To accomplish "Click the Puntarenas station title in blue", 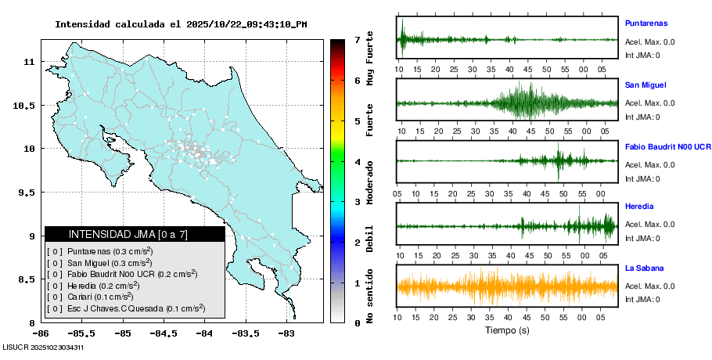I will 646,23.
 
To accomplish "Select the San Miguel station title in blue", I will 645,85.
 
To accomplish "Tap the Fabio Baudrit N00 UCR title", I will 667,146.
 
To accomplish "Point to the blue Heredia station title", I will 639,207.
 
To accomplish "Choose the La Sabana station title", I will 644,268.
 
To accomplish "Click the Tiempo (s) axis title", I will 508,330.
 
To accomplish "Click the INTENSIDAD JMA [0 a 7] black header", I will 135,234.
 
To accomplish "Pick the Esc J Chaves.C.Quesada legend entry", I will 125,308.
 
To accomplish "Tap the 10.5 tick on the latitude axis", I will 26,105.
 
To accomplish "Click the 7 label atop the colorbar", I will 357,39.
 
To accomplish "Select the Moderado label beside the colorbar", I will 370,182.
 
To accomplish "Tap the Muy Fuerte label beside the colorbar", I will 370,59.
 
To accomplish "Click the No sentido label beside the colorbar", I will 370,298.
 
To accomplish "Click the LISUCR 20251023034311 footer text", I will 43,347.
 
